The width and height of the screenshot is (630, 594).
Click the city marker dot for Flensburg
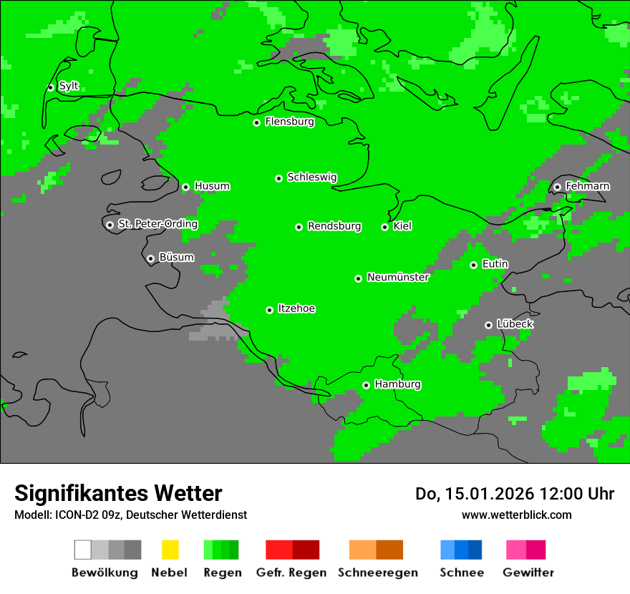256,122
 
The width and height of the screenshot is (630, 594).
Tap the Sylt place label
69,87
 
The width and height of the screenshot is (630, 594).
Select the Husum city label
212,187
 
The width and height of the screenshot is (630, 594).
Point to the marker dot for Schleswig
278,178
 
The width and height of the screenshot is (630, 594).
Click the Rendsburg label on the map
334,227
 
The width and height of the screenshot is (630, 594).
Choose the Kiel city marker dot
384,227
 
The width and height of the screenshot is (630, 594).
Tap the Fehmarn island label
587,187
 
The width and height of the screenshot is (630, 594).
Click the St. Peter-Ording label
157,225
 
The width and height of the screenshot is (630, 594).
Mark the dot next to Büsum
150,258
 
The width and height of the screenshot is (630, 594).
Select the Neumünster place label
398,278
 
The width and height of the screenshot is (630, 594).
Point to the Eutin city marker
473,265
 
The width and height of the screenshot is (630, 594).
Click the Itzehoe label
296,309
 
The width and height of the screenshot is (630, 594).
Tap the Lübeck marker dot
488,325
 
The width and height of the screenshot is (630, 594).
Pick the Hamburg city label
397,385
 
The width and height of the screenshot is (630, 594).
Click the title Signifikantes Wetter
118,493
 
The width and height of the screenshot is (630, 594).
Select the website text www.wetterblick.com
516,515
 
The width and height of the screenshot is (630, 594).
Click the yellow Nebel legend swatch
170,550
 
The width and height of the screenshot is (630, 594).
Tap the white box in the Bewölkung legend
82,550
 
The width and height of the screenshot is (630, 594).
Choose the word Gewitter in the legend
528,573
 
